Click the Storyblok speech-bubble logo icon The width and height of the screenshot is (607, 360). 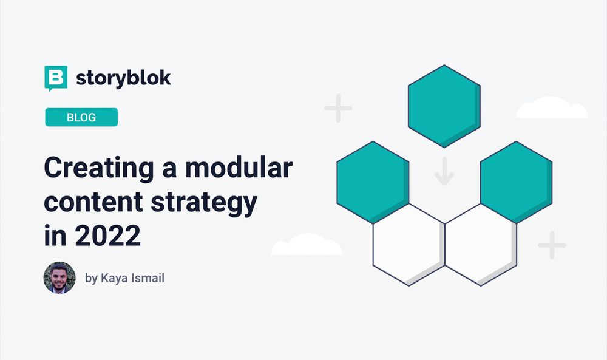point(55,78)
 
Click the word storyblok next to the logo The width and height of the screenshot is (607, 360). point(123,78)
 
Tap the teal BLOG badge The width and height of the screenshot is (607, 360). point(81,117)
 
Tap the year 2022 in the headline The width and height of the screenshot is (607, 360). point(107,236)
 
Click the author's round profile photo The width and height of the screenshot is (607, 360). point(59,278)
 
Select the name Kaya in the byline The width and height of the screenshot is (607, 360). point(113,279)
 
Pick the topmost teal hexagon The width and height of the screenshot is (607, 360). point(444,106)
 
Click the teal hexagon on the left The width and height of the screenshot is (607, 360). point(372,181)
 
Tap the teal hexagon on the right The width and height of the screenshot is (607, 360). point(516,181)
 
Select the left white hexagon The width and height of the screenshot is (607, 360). point(408,244)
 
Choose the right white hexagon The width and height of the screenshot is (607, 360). point(480,244)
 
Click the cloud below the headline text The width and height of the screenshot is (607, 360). point(307,245)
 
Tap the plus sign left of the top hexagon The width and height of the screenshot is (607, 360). point(338,109)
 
